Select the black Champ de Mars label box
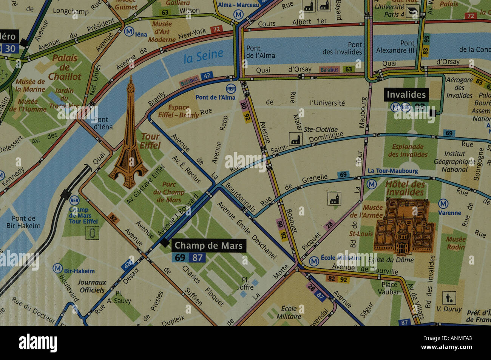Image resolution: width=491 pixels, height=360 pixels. (208, 246)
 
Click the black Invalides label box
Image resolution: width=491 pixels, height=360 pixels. (406, 94)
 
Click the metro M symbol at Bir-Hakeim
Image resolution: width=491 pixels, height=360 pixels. (57, 268)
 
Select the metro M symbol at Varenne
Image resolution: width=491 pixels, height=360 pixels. (443, 204)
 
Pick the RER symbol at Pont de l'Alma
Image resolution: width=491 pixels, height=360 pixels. (231, 89)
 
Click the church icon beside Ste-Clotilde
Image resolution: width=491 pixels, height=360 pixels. (295, 138)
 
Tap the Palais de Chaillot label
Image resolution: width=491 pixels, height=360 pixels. (65, 67)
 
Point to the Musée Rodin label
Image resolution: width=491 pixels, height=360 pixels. (455, 243)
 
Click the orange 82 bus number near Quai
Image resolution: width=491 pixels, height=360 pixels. (113, 218)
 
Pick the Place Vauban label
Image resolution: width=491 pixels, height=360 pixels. (389, 288)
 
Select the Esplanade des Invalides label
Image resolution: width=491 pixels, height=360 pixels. (408, 151)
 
